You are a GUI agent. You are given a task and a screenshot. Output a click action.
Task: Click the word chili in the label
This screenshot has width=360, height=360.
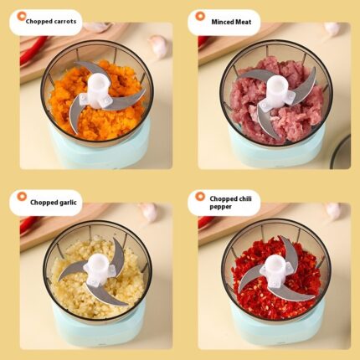(x=246, y=198)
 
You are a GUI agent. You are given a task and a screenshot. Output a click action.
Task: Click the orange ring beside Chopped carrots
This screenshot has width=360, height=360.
(x=21, y=16)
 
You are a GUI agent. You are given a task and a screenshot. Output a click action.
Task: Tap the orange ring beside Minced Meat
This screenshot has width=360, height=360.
(x=200, y=16)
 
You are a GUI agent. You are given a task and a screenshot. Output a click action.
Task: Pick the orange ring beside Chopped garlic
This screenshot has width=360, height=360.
(x=22, y=197)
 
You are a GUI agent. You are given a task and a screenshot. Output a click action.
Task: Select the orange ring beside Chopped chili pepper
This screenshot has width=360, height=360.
(x=200, y=197)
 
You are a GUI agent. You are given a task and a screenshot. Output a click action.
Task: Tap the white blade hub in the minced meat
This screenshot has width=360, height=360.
(x=276, y=93)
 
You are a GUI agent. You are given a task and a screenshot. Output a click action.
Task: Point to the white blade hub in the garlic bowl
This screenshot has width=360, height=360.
(x=99, y=270)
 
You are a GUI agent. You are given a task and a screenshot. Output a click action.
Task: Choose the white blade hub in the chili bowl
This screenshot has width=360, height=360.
(x=276, y=270)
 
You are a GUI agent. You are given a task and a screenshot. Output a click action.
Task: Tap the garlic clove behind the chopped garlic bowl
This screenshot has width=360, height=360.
(x=148, y=212)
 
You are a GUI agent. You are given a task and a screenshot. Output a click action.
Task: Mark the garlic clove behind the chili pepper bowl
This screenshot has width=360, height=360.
(x=332, y=211)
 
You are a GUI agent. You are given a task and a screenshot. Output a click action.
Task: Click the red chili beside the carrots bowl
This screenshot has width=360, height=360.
(x=33, y=49)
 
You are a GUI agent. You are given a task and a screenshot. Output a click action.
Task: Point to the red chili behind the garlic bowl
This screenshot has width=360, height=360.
(x=29, y=224)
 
